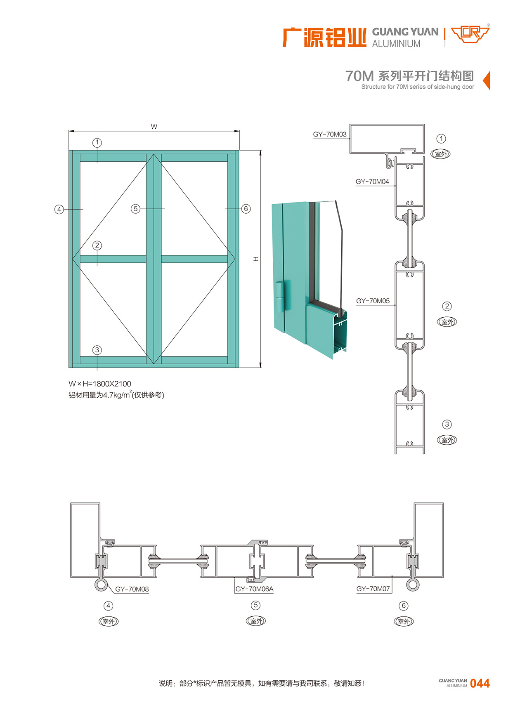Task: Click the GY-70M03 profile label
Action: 329,134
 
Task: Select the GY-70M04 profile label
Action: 372,182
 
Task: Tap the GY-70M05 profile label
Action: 373,301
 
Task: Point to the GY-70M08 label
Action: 132,589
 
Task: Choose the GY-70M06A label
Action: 254,589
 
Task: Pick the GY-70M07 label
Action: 373,589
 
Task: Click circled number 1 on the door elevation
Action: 97,143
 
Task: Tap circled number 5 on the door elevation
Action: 135,209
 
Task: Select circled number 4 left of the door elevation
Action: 59,209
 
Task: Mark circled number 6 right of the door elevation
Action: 246,209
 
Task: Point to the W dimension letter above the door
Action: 154,127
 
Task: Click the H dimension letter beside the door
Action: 256,259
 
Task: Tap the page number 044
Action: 480,684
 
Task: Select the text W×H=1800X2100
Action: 100,384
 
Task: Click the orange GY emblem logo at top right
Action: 470,34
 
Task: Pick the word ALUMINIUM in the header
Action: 396,44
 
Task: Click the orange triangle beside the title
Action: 487,80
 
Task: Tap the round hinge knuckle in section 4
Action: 101,585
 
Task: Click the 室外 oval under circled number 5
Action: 256,621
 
